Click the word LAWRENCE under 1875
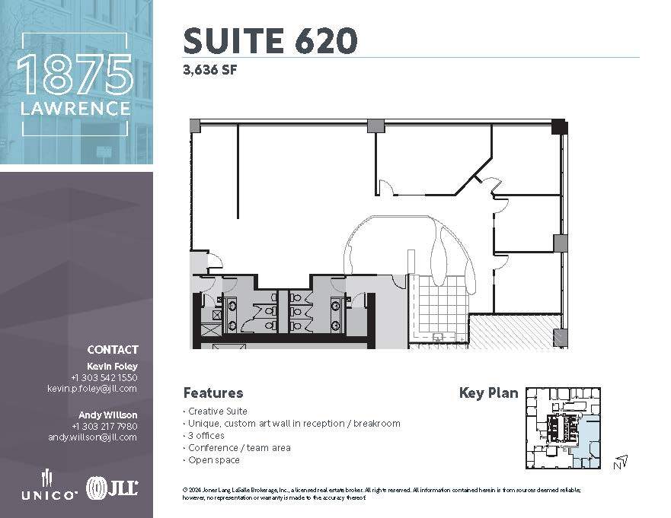76,109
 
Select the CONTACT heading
113,350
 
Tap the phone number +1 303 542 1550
104,377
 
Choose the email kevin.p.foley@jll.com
92,388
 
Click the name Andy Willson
108,415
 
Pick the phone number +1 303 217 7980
104,426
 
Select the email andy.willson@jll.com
92,437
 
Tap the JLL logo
112,488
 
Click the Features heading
213,393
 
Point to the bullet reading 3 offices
206,436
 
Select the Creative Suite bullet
217,412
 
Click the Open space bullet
213,460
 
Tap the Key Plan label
488,393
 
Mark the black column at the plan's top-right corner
559,126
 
